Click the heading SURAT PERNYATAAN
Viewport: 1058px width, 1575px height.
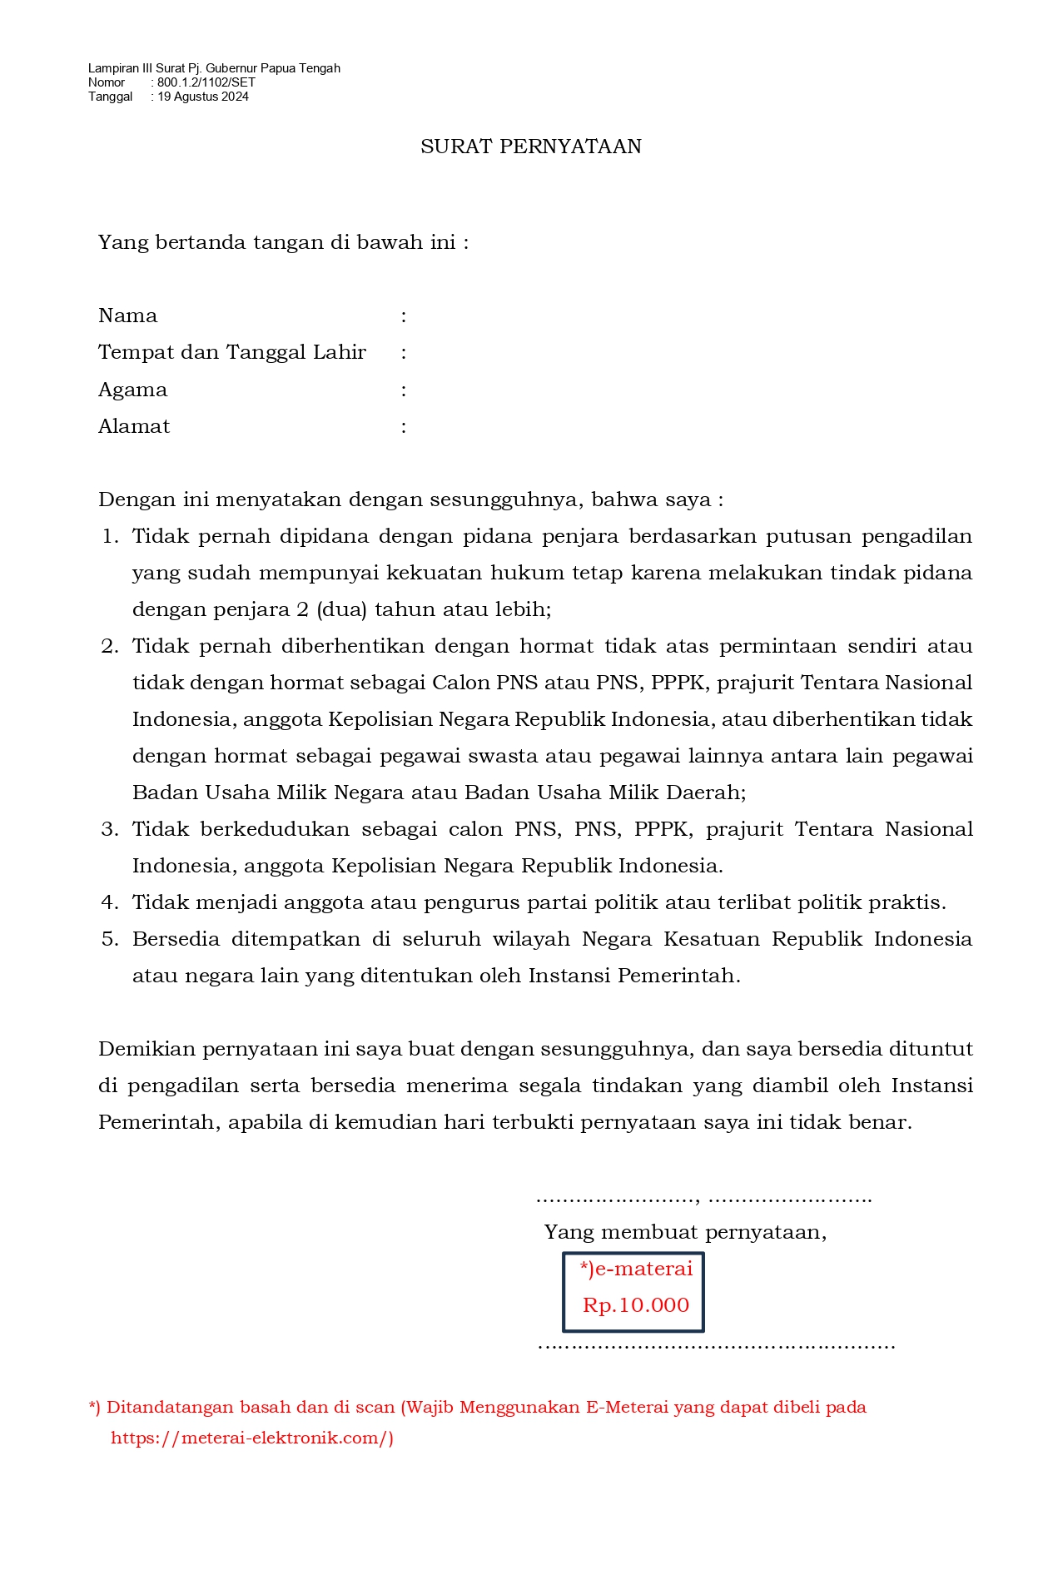(530, 147)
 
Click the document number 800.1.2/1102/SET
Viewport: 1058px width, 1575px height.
(206, 82)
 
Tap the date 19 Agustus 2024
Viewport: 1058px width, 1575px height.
(203, 97)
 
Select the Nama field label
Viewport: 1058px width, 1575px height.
(127, 315)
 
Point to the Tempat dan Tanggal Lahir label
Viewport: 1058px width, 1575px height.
(231, 352)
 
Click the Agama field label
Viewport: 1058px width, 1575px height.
(132, 390)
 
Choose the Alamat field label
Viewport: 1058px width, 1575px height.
(134, 426)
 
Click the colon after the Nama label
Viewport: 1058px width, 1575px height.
(404, 316)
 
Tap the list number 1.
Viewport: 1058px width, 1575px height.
(110, 536)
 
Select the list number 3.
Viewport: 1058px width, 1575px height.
(110, 829)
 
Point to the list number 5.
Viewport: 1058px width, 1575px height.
(110, 939)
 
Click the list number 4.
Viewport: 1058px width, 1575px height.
(110, 902)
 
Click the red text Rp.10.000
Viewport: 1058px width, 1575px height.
(636, 1304)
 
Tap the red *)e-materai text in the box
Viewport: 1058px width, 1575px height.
(636, 1269)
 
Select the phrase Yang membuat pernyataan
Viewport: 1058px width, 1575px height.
(684, 1232)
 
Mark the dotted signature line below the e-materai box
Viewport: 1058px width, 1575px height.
(716, 1346)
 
